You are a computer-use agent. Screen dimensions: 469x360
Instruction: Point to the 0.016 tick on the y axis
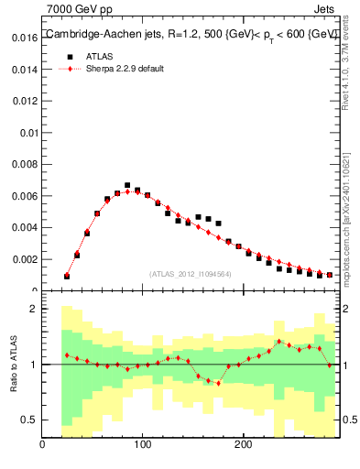coord(23,38)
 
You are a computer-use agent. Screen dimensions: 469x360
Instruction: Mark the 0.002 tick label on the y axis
coord(23,259)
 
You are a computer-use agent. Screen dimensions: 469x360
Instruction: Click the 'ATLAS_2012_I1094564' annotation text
coord(191,274)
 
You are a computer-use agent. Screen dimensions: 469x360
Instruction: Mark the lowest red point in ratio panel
coord(218,383)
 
